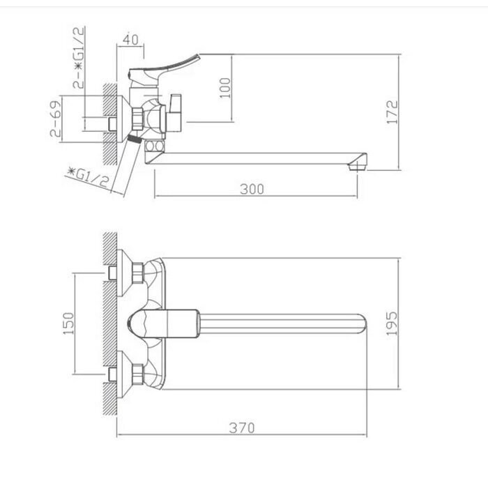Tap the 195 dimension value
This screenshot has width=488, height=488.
pos(392,323)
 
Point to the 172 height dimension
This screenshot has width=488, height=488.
pos(392,112)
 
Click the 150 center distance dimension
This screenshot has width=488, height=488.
pos(68,323)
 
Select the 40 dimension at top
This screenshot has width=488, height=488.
pos(130,40)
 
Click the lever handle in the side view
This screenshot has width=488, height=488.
pos(174,65)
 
